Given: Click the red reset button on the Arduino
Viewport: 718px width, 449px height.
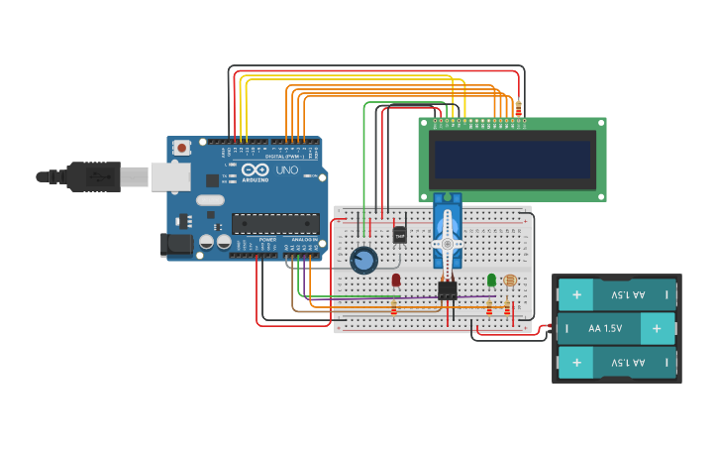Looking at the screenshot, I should [182, 148].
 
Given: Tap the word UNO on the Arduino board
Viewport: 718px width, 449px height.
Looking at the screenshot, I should [286, 169].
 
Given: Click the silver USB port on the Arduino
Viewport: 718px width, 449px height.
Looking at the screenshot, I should [169, 176].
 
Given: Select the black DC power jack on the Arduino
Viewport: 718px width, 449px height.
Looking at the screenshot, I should [176, 243].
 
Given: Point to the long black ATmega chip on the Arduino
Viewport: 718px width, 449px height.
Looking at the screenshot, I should [275, 224].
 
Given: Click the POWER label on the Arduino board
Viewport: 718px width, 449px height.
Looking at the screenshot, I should [267, 240].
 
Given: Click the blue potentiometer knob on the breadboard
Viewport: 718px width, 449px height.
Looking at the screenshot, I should [363, 260].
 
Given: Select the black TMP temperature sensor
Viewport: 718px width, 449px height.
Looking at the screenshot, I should [400, 235].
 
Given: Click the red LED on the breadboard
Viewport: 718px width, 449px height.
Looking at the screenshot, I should [396, 281].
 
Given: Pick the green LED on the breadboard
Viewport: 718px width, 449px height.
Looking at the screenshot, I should [491, 281].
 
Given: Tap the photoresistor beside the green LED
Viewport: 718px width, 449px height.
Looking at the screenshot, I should [510, 281].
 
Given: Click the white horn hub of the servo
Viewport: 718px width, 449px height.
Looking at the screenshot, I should [447, 244].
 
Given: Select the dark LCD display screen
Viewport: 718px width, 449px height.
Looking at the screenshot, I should [512, 160].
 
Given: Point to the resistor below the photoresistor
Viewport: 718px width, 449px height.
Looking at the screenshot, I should [507, 309].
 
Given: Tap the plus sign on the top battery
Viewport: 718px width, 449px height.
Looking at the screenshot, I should [577, 294].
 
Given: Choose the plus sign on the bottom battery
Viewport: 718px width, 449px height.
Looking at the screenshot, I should [577, 362].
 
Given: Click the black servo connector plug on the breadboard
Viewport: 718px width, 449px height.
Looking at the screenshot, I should [448, 290].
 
